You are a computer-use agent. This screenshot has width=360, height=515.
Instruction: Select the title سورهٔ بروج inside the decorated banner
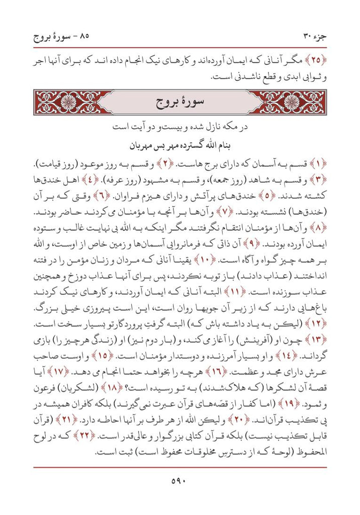click(179, 102)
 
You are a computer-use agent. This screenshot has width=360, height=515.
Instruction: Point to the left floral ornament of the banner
click(67, 102)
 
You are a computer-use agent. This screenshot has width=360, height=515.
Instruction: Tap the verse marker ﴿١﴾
click(319, 164)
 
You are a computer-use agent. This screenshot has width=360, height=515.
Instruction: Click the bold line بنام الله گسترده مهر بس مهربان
click(179, 146)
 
